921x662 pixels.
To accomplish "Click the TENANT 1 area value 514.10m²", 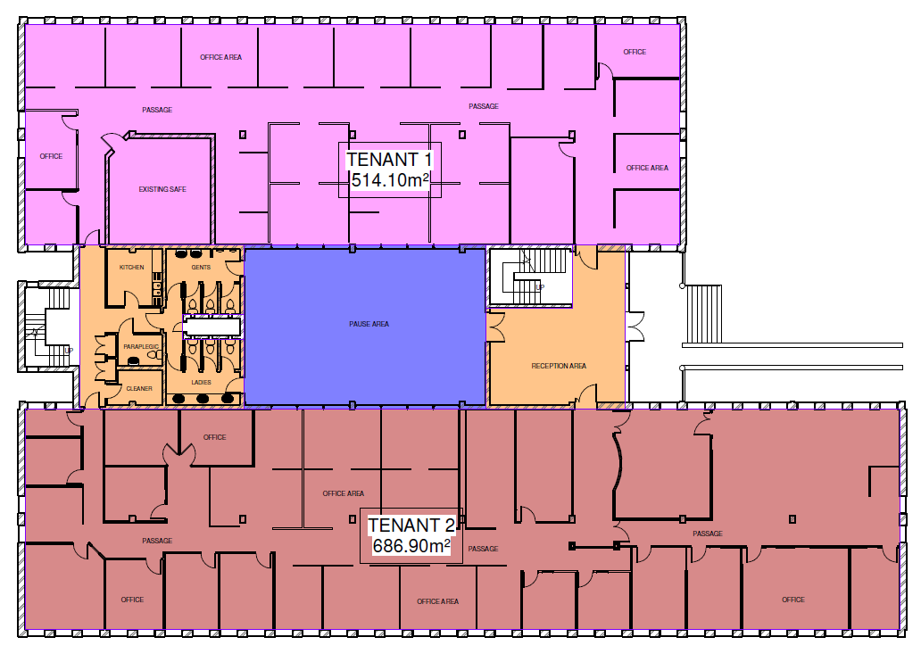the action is (390, 179).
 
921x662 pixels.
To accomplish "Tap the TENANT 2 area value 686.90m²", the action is (411, 546).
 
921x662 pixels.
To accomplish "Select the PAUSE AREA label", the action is (369, 324).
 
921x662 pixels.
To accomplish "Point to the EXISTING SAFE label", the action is (162, 189).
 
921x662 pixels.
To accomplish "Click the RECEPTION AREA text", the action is (559, 366).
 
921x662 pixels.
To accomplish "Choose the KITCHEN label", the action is (131, 268).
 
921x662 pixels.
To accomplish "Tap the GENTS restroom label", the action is (201, 268).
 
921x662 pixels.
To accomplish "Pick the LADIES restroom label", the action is (201, 383).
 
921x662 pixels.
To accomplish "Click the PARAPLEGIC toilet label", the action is (141, 346).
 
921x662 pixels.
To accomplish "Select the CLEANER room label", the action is (139, 389).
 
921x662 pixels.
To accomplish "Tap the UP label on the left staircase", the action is (69, 351).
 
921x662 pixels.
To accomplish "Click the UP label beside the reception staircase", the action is (540, 287).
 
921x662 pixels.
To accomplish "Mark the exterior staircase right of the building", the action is (703, 314).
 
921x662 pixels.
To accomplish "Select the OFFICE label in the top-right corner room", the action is (635, 52).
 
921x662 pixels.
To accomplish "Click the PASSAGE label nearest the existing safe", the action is (157, 110).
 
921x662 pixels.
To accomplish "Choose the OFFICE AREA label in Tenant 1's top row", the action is (220, 57).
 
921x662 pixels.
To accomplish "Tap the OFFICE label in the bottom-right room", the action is (793, 600).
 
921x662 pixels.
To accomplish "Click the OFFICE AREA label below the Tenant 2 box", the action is (437, 601).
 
